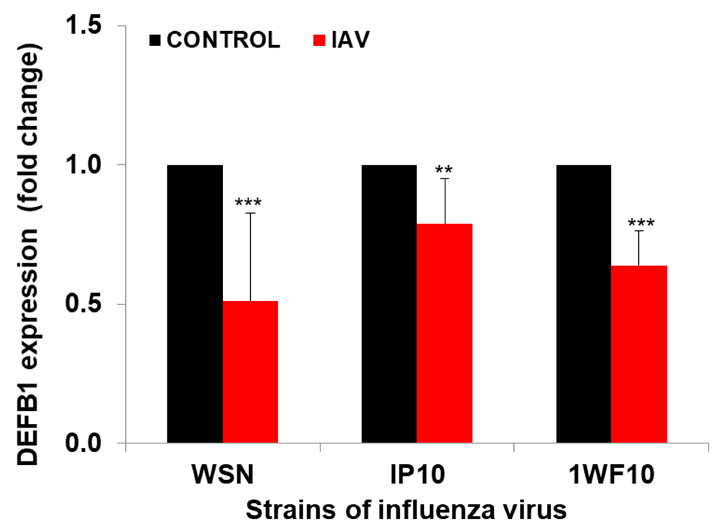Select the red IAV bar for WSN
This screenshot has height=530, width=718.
[x=250, y=372]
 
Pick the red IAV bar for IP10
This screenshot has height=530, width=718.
[x=444, y=334]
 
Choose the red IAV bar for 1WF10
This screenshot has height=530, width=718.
[x=639, y=355]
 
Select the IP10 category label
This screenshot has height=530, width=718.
[x=417, y=475]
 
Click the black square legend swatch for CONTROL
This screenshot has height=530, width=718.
[x=155, y=41]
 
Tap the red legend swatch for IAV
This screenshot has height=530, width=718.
[x=319, y=41]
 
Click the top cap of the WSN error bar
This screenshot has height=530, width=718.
[x=251, y=213]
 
